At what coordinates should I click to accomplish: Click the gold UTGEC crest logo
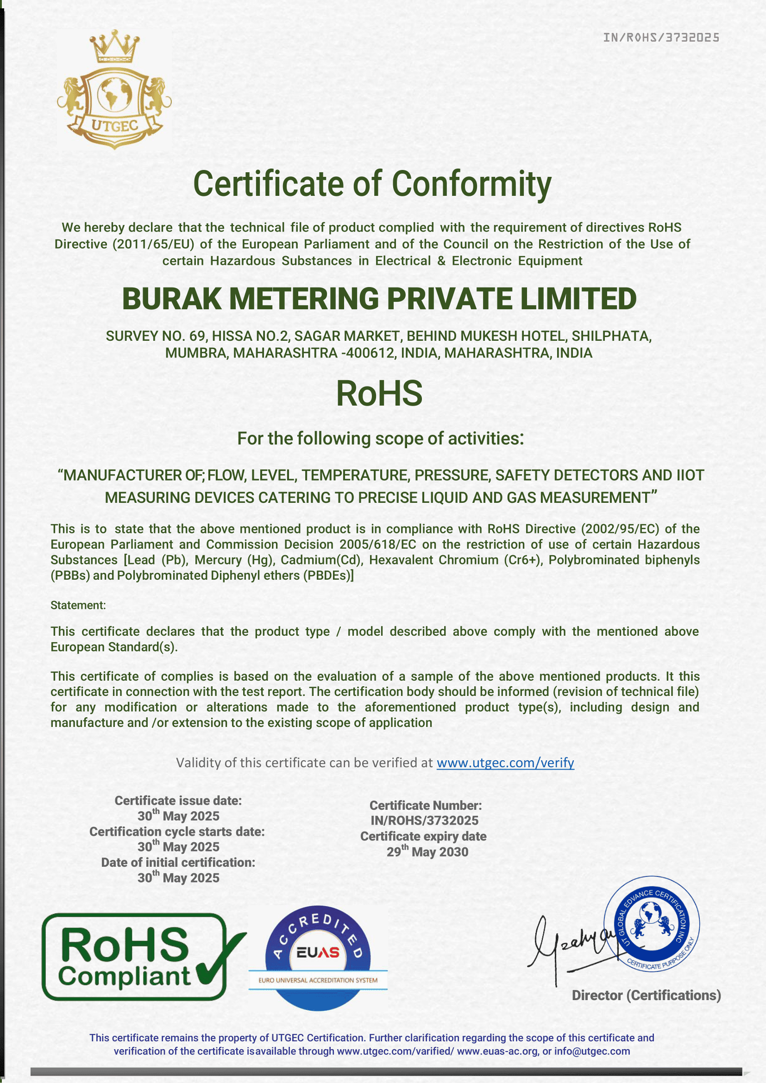114,90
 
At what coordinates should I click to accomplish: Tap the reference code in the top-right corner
661,38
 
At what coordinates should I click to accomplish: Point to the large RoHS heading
379,394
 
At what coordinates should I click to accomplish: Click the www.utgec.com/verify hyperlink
505,763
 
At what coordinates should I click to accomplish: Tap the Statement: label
78,605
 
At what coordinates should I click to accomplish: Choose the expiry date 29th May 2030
427,852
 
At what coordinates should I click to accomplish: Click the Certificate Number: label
426,805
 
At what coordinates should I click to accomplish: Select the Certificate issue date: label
178,801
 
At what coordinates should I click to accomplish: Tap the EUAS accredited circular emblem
318,958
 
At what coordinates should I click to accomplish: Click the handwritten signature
571,948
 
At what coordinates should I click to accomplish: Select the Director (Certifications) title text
646,995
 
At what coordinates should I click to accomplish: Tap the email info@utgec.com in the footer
592,1051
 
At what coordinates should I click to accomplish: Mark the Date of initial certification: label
178,862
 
